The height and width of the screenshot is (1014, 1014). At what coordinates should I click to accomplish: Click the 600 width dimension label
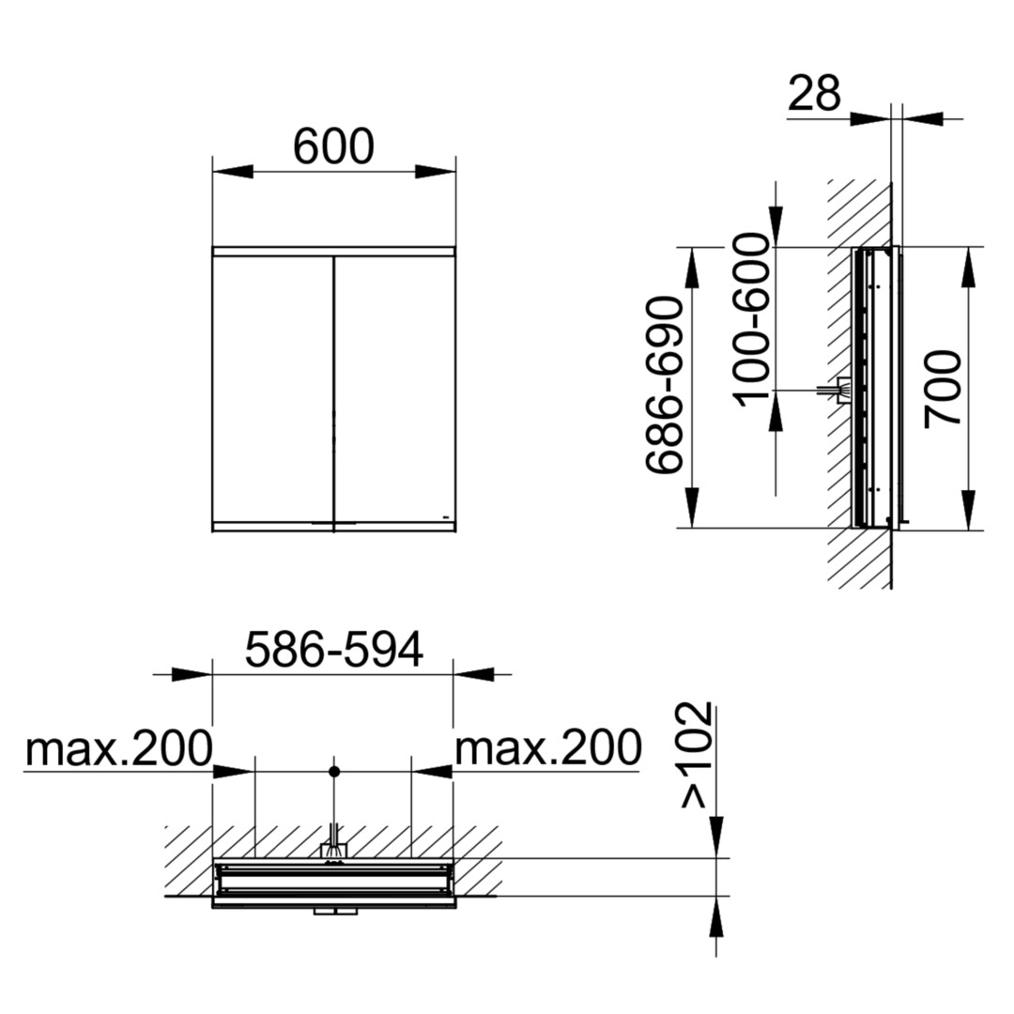coord(333,146)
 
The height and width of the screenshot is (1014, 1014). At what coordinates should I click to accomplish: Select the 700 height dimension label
coord(943,389)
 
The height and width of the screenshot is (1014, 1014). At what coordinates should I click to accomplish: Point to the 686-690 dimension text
coord(664,386)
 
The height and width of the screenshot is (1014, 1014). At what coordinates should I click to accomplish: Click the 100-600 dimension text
coord(753,320)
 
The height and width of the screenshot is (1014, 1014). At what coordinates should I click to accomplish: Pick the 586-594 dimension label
coord(333,650)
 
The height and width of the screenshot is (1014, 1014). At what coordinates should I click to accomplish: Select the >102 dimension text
coord(697,755)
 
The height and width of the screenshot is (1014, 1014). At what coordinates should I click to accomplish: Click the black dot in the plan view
coord(333,772)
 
